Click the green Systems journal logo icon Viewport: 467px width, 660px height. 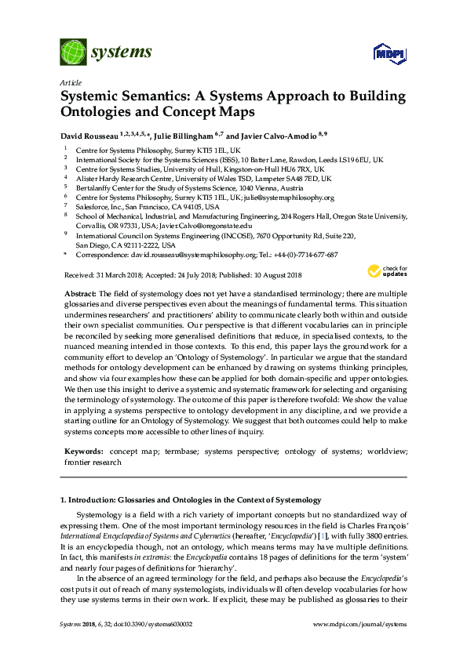73,53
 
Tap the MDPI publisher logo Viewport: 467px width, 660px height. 388,53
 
